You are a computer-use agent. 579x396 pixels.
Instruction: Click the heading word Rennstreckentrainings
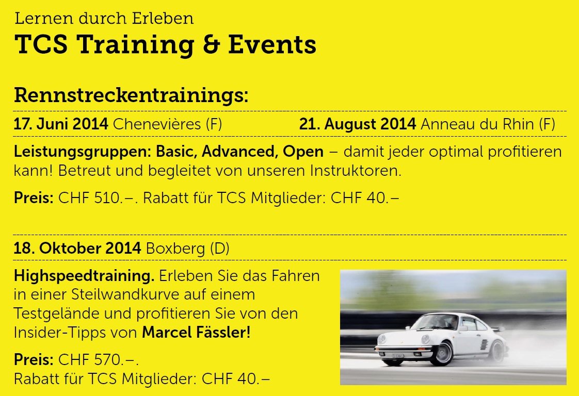pyautogui.click(x=131, y=95)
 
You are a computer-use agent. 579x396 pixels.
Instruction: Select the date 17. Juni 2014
pyautogui.click(x=61, y=124)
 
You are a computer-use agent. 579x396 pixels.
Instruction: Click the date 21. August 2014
pyautogui.click(x=358, y=124)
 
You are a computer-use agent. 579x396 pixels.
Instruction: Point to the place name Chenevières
pyautogui.click(x=157, y=124)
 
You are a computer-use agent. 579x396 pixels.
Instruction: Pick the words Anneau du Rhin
pyautogui.click(x=477, y=124)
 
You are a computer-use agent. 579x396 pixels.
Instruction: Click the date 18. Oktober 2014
pyautogui.click(x=77, y=248)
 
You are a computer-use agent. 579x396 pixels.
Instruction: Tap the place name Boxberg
pyautogui.click(x=175, y=249)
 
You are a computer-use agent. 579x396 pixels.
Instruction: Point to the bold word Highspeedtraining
pyautogui.click(x=84, y=276)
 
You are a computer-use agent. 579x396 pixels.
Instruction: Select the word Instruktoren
pyautogui.click(x=354, y=171)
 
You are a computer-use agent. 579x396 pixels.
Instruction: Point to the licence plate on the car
pyautogui.click(x=397, y=356)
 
